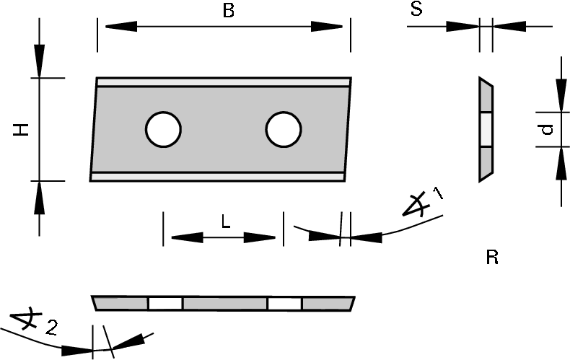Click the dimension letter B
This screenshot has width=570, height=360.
click(229, 12)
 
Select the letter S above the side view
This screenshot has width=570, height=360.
click(416, 9)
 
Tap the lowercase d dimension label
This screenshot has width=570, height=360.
click(547, 130)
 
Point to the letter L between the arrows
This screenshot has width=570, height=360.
click(225, 223)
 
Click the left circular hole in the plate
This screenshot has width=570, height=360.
click(163, 130)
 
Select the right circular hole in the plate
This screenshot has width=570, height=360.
click(283, 130)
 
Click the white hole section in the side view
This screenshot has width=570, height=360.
click(486, 130)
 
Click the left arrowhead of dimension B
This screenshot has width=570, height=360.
click(117, 27)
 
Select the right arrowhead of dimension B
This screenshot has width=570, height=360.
click(331, 27)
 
